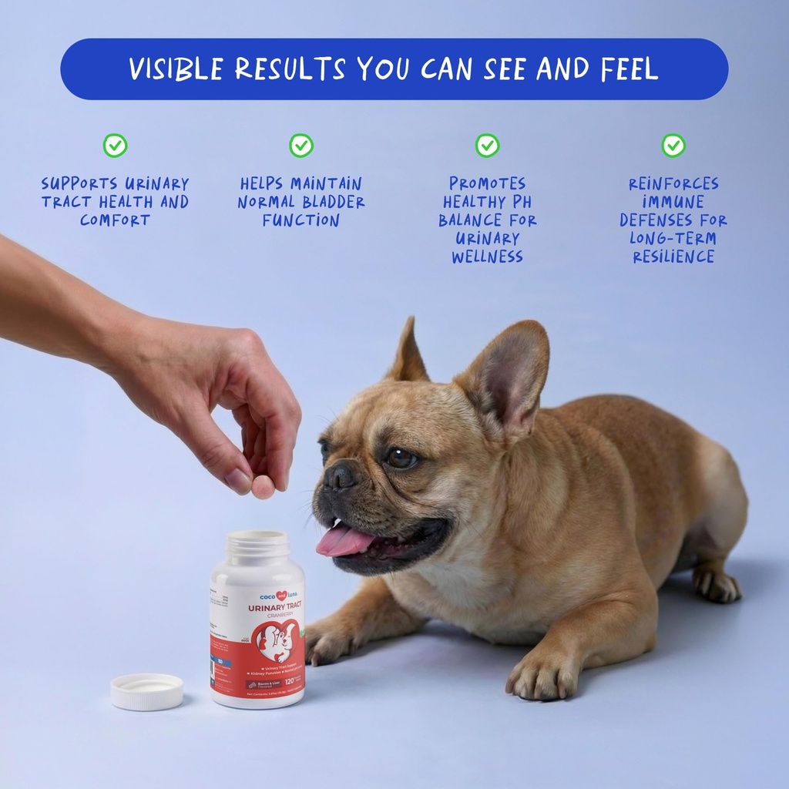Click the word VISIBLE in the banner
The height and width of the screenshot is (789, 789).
click(x=176, y=69)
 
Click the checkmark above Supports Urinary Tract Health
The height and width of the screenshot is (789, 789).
click(x=115, y=146)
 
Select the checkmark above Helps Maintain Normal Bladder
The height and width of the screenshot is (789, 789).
click(x=301, y=146)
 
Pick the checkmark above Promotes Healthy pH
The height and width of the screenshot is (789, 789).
click(x=487, y=146)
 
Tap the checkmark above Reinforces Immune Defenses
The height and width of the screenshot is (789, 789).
click(x=673, y=146)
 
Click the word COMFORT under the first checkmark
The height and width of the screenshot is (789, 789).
click(x=115, y=220)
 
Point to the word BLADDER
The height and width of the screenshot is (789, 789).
click(x=333, y=203)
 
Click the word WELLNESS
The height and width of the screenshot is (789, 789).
click(x=487, y=257)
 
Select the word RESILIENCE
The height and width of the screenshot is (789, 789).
click(x=673, y=257)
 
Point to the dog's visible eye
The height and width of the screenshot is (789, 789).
click(x=401, y=458)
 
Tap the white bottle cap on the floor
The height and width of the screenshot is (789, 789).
click(x=146, y=690)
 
